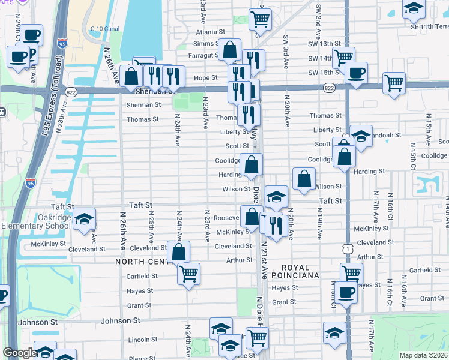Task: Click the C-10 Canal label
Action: click(x=105, y=28)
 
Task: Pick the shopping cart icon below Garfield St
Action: click(x=188, y=274)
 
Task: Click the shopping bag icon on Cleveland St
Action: click(x=178, y=252)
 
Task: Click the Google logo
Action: click(x=19, y=353)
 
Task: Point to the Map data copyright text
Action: click(x=424, y=355)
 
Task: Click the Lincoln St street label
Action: click(x=143, y=340)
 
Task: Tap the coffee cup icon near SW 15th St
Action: click(x=356, y=73)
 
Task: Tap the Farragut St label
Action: click(x=203, y=55)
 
